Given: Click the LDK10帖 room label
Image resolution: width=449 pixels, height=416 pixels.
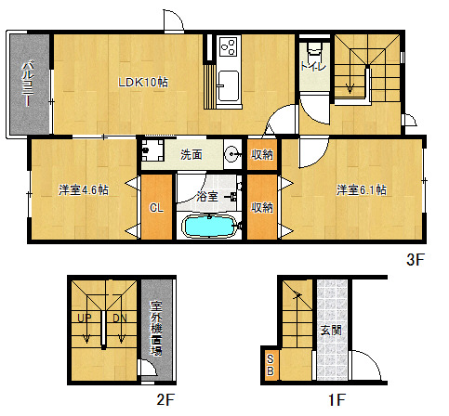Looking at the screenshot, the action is (x=143, y=83).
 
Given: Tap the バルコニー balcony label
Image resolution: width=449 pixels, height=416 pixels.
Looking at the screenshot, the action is (x=28, y=84).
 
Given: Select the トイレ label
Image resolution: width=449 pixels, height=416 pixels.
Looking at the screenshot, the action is (x=313, y=66).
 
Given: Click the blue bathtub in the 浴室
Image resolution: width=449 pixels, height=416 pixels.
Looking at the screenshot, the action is (x=209, y=226).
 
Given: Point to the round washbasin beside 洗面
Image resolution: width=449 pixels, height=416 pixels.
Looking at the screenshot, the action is (x=231, y=153).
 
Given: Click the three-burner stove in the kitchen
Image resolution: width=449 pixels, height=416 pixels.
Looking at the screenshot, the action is (x=229, y=46).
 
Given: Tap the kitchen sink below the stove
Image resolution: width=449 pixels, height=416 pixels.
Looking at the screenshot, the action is (x=229, y=86).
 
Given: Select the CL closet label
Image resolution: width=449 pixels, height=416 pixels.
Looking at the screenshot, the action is (x=156, y=208).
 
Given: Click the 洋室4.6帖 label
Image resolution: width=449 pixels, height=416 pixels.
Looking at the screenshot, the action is (x=84, y=189).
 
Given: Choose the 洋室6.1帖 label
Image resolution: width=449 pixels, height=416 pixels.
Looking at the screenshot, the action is (x=362, y=189).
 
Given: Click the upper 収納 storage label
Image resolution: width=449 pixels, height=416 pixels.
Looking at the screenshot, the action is (x=262, y=154).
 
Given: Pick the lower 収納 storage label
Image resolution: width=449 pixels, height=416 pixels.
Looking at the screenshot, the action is (x=262, y=207).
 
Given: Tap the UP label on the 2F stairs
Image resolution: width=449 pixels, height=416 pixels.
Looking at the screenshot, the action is (x=85, y=318).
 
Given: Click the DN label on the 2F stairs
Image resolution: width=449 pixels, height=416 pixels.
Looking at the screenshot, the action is (x=120, y=318).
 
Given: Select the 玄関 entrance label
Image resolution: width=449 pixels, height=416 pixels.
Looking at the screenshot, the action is (x=331, y=330).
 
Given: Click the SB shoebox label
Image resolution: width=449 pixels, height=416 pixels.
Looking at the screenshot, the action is (x=271, y=365).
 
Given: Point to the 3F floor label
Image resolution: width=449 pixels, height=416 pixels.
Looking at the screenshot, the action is (x=416, y=259).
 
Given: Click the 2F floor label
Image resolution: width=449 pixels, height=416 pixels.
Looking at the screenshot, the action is (x=165, y=399).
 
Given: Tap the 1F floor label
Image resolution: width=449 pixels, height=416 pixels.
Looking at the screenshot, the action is (x=337, y=399).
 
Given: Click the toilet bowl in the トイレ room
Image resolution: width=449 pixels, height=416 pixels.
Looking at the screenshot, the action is (x=314, y=48).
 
